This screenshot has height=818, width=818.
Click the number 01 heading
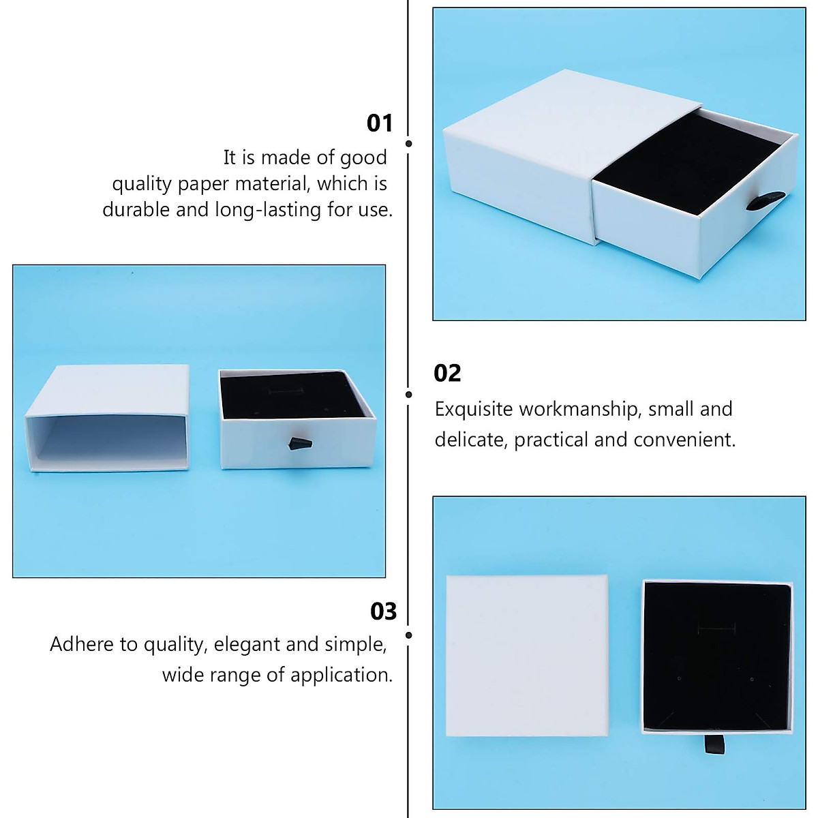pos(380,123)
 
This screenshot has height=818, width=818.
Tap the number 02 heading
pos(447,373)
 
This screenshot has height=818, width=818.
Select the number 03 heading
pos(383,611)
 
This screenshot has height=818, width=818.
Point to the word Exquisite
pos(474,409)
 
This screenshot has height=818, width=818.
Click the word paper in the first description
pos(203,183)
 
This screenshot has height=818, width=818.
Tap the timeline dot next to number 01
pos(409,144)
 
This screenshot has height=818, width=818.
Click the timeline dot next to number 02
pos(409,395)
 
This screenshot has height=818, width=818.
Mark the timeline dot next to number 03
pos(409,635)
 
